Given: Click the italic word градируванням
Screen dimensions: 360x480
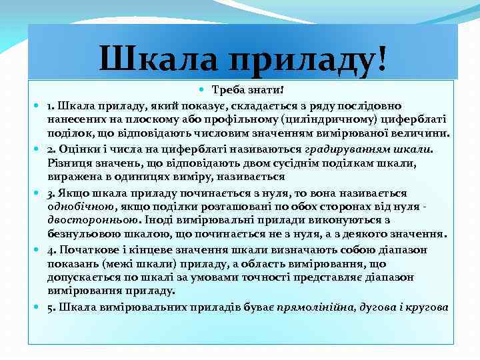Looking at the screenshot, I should click(x=348, y=147).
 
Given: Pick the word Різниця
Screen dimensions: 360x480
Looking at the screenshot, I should click(x=69, y=162).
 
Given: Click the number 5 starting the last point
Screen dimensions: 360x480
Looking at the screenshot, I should click(x=50, y=307).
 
